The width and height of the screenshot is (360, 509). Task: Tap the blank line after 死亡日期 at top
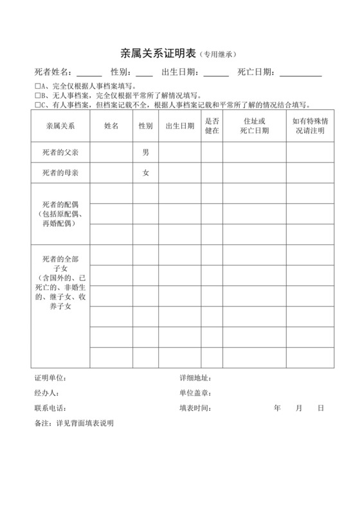pyautogui.click(x=301, y=72)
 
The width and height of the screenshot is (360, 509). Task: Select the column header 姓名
pyautogui.click(x=111, y=126)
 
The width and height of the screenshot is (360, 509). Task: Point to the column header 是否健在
pyautogui.click(x=212, y=125)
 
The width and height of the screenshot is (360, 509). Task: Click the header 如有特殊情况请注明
pyautogui.click(x=310, y=125)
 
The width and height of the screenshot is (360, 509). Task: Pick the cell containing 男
pyautogui.click(x=146, y=153)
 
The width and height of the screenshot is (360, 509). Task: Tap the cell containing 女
pyautogui.click(x=146, y=173)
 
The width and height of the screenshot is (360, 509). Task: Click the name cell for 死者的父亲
pyautogui.click(x=111, y=153)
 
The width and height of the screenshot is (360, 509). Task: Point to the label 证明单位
pyautogui.click(x=50, y=378)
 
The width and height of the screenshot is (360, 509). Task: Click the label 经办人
pyautogui.click(x=46, y=393)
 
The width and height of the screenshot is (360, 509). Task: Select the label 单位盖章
pyautogui.click(x=195, y=393)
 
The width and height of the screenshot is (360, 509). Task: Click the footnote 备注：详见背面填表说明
pyautogui.click(x=73, y=424)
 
